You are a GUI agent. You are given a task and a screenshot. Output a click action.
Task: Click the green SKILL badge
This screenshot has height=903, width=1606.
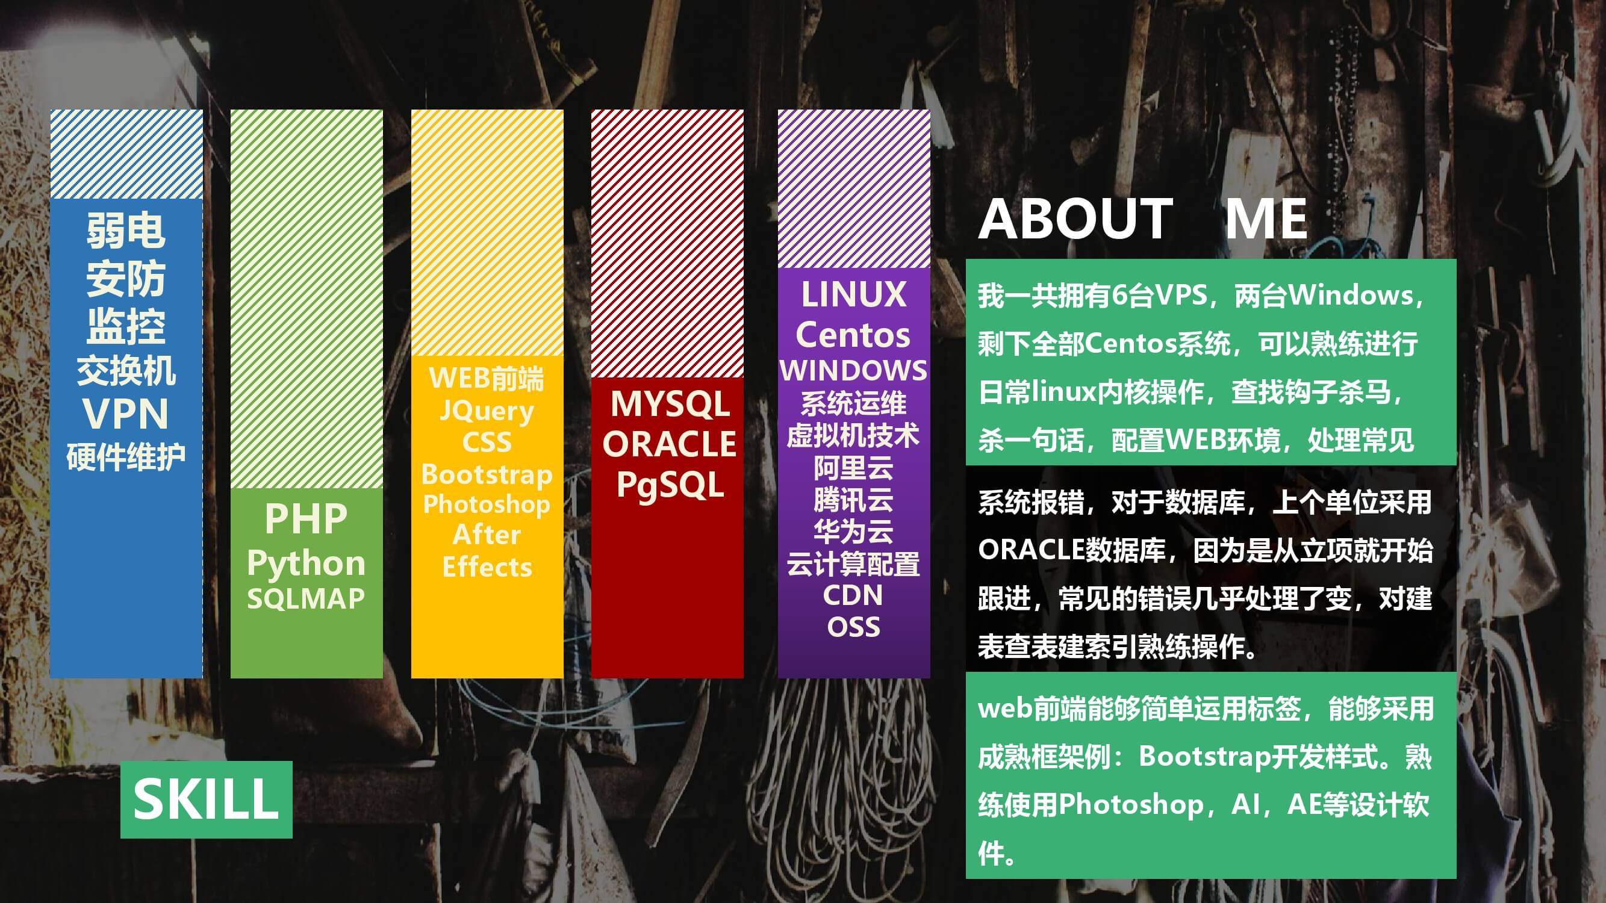point(207,799)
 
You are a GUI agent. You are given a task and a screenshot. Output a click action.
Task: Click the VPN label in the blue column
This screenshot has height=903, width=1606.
point(126,413)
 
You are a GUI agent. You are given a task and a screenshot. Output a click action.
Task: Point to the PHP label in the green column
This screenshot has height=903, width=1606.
point(306,518)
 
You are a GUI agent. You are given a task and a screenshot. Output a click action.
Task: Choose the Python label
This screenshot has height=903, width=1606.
point(306,564)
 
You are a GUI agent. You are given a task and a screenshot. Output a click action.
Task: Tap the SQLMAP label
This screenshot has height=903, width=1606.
point(306,599)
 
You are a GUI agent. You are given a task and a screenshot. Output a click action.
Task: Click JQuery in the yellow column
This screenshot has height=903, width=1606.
point(487,411)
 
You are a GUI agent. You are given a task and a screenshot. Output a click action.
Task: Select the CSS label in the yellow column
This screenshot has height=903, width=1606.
point(487,442)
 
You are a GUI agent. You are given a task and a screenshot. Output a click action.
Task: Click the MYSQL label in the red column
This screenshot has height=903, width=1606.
point(670,404)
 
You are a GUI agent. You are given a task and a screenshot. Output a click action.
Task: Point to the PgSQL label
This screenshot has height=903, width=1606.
point(670,485)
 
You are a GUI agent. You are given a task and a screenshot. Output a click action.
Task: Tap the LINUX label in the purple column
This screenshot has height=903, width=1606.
point(853,294)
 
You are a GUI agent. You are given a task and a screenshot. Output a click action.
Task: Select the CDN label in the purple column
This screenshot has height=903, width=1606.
point(853,595)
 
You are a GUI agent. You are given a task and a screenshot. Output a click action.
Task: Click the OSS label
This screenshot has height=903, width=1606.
point(853,627)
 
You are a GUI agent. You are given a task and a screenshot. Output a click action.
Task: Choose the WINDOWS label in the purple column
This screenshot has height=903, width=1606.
point(853,370)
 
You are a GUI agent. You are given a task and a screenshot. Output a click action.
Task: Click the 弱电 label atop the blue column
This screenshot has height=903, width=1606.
point(126,230)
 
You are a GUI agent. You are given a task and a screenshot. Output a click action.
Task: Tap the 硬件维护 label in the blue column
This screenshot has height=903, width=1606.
point(126,457)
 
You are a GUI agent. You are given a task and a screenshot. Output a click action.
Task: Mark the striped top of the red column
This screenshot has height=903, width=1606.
point(667,244)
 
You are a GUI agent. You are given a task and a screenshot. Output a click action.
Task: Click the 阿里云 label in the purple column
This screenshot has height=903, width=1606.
point(853,468)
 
